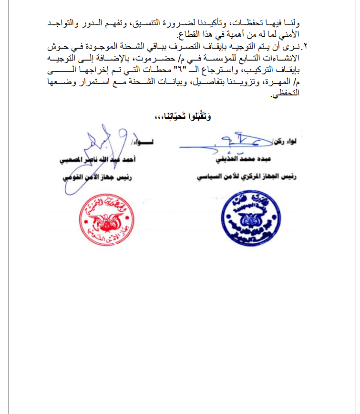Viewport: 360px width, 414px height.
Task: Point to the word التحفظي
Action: click(286, 93)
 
